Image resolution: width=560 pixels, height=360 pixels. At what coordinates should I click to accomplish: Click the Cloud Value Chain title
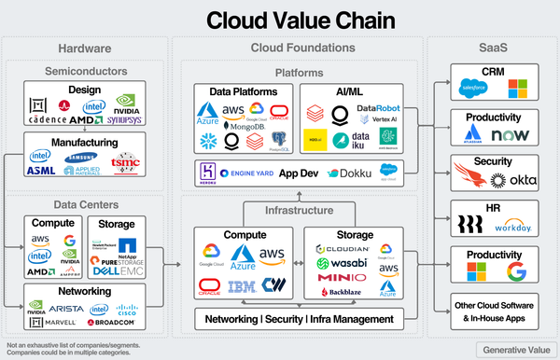280,20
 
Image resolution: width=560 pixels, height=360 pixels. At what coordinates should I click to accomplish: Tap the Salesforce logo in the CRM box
472,87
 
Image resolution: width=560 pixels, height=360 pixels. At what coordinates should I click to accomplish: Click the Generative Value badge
512,349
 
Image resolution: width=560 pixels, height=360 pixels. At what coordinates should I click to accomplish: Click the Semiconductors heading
80,69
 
